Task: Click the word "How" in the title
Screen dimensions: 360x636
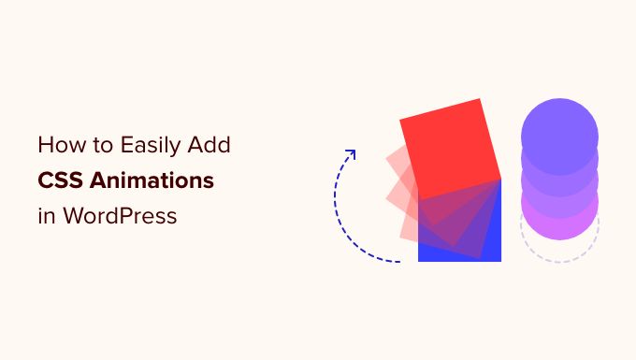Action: (x=59, y=146)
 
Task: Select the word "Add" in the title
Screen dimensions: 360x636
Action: (x=211, y=146)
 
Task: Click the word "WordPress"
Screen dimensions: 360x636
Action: (x=119, y=215)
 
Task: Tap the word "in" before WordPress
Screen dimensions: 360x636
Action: (x=45, y=215)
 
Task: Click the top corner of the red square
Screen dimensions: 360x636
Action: (x=484, y=98)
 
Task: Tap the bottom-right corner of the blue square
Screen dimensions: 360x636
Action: (x=500, y=260)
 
